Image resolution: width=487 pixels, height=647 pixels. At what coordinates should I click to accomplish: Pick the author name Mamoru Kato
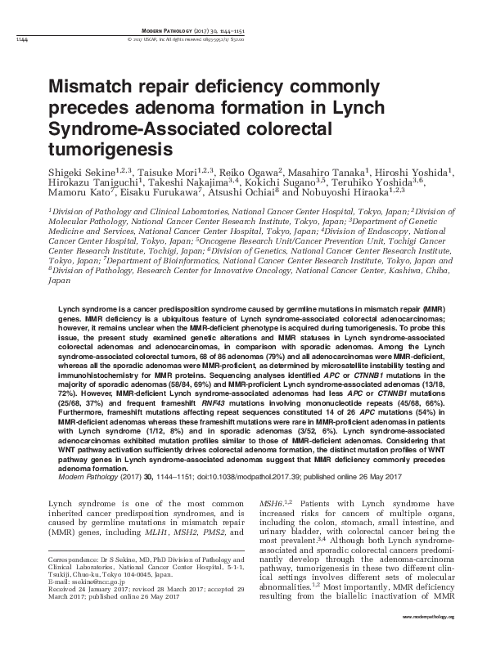(79, 198)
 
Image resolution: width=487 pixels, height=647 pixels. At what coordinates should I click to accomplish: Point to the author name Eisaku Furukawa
(158, 198)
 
